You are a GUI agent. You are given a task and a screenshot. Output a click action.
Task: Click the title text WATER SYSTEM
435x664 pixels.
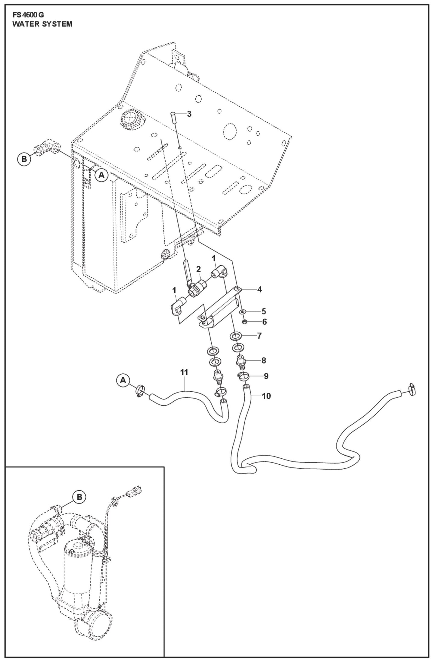(x=42, y=24)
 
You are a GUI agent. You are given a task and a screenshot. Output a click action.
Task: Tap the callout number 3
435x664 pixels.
(x=189, y=114)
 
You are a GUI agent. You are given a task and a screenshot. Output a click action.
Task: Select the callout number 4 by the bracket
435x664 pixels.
(x=259, y=290)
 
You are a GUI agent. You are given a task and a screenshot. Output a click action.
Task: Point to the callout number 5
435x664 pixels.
(x=264, y=311)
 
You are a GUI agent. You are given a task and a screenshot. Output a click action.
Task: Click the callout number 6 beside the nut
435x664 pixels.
(x=264, y=322)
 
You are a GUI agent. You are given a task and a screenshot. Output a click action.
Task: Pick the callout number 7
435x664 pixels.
(x=259, y=336)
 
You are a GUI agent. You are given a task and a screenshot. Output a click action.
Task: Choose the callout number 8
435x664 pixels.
(x=264, y=360)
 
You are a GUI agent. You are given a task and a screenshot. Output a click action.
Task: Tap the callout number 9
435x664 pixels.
(x=266, y=376)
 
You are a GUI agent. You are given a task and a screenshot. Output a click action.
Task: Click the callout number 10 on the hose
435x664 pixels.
(x=266, y=396)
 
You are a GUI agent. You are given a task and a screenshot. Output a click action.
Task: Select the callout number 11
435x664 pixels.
(x=184, y=372)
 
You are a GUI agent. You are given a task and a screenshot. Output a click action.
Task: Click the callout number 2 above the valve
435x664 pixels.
(x=198, y=269)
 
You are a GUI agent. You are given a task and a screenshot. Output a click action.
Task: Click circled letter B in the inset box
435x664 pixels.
(x=79, y=497)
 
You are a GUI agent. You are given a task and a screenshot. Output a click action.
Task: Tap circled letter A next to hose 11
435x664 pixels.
(x=123, y=380)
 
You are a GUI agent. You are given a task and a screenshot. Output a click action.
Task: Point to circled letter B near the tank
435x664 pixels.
(x=24, y=159)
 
